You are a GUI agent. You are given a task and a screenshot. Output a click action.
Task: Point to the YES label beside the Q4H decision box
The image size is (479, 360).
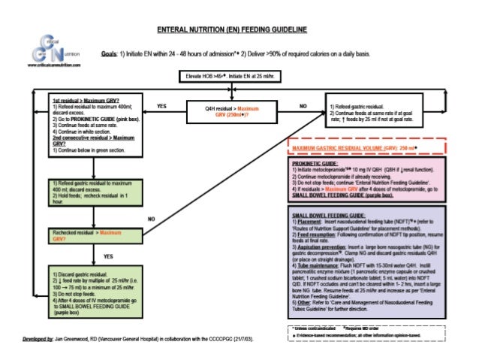pyautogui.click(x=161, y=107)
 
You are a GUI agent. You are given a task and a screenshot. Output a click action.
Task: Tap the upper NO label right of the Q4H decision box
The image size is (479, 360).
pyautogui.click(x=303, y=107)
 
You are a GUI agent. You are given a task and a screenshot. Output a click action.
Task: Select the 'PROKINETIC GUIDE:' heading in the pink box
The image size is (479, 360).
pyautogui.click(x=315, y=163)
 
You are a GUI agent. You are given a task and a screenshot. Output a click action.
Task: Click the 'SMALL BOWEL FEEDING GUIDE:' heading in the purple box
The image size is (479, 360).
pyautogui.click(x=328, y=215)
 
